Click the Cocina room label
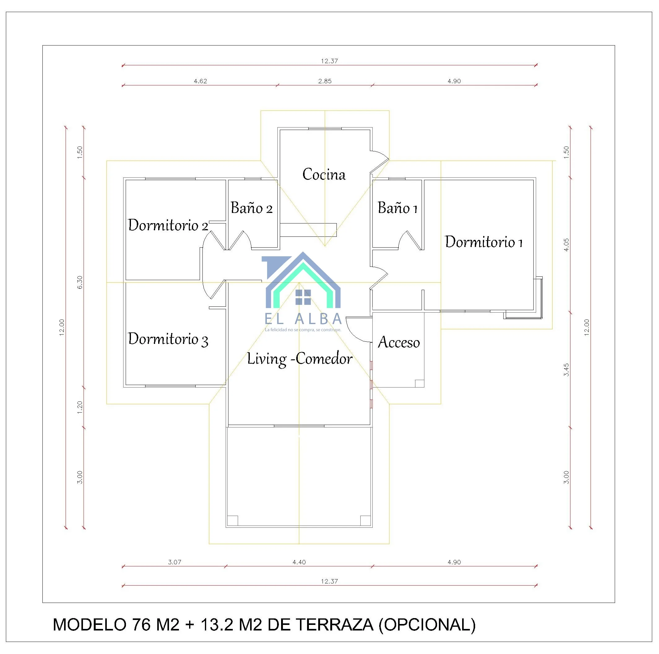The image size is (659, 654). [324, 174]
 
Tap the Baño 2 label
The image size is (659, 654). [252, 208]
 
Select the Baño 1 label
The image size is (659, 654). [398, 208]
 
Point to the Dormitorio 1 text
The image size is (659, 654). [484, 242]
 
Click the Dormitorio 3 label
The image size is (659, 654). [168, 339]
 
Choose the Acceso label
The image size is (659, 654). [399, 342]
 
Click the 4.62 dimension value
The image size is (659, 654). [200, 81]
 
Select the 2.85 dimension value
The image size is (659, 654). [325, 81]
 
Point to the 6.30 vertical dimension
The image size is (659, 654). [80, 282]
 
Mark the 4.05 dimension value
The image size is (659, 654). [566, 245]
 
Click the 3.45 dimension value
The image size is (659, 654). [566, 370]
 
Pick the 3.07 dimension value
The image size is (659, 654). [175, 562]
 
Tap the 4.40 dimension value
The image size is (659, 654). [299, 562]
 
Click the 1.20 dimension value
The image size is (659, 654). [80, 407]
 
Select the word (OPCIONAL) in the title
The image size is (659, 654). [427, 625]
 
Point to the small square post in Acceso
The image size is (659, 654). [419, 383]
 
